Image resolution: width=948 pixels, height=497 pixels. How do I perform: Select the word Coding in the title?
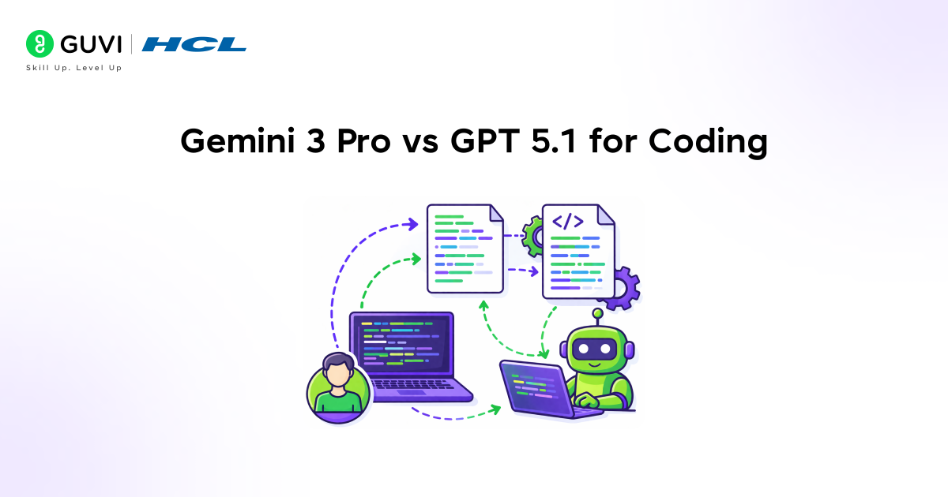[708, 142]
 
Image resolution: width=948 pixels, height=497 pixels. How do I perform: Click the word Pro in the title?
[368, 142]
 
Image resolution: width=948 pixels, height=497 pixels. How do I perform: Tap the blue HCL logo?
[194, 44]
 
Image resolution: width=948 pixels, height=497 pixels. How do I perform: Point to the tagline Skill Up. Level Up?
[74, 68]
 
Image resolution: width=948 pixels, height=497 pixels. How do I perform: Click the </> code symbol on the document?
[568, 222]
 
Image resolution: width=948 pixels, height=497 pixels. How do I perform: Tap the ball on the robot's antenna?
[598, 313]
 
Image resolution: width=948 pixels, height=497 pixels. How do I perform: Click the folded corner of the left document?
[495, 212]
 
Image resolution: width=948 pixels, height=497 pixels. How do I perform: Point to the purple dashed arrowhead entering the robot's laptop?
[496, 409]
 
